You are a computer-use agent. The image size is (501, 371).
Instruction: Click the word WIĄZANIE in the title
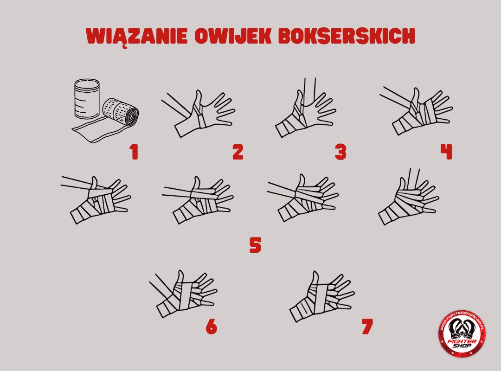click(x=137, y=37)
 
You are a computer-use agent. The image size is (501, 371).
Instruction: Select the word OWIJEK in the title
click(x=233, y=36)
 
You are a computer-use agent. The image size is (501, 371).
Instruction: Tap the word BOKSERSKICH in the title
click(x=347, y=36)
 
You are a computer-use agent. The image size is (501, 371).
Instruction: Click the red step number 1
click(x=134, y=152)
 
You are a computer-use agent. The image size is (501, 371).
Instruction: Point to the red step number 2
click(x=238, y=152)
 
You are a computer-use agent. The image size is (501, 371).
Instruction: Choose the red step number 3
click(x=340, y=152)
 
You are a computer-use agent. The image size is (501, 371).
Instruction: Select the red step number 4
click(x=446, y=152)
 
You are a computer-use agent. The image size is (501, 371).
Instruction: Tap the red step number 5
click(x=256, y=245)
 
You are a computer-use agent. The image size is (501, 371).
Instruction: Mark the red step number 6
click(x=211, y=326)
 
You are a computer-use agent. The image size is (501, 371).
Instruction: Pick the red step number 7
click(x=367, y=326)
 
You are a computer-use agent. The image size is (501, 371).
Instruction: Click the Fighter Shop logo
click(x=462, y=334)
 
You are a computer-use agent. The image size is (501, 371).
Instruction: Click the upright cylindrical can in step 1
click(x=87, y=98)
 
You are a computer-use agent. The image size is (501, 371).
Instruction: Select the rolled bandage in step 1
click(x=121, y=114)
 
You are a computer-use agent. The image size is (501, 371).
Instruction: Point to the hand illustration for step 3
click(x=305, y=109)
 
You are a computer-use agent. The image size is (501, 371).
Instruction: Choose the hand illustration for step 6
click(x=183, y=294)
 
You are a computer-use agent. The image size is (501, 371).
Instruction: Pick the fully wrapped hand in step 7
click(x=322, y=296)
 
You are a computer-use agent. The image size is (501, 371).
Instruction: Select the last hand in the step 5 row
click(x=409, y=197)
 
